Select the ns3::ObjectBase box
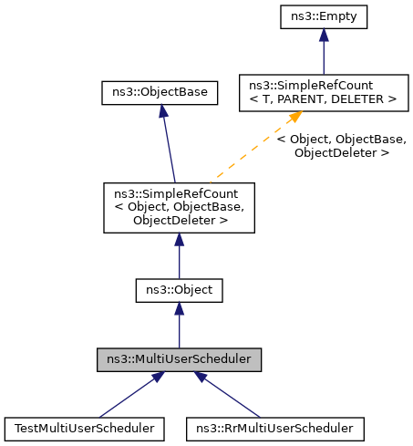click(x=160, y=92)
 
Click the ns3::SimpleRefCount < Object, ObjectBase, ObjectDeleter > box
click(x=179, y=207)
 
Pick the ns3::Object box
click(x=179, y=291)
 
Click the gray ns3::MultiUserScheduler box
click(x=180, y=359)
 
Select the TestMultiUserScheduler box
click(x=83, y=427)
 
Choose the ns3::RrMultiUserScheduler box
click(x=275, y=427)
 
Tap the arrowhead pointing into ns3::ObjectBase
click(x=161, y=109)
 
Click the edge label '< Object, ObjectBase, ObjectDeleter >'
click(x=341, y=147)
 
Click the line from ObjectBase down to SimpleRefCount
click(x=168, y=146)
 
